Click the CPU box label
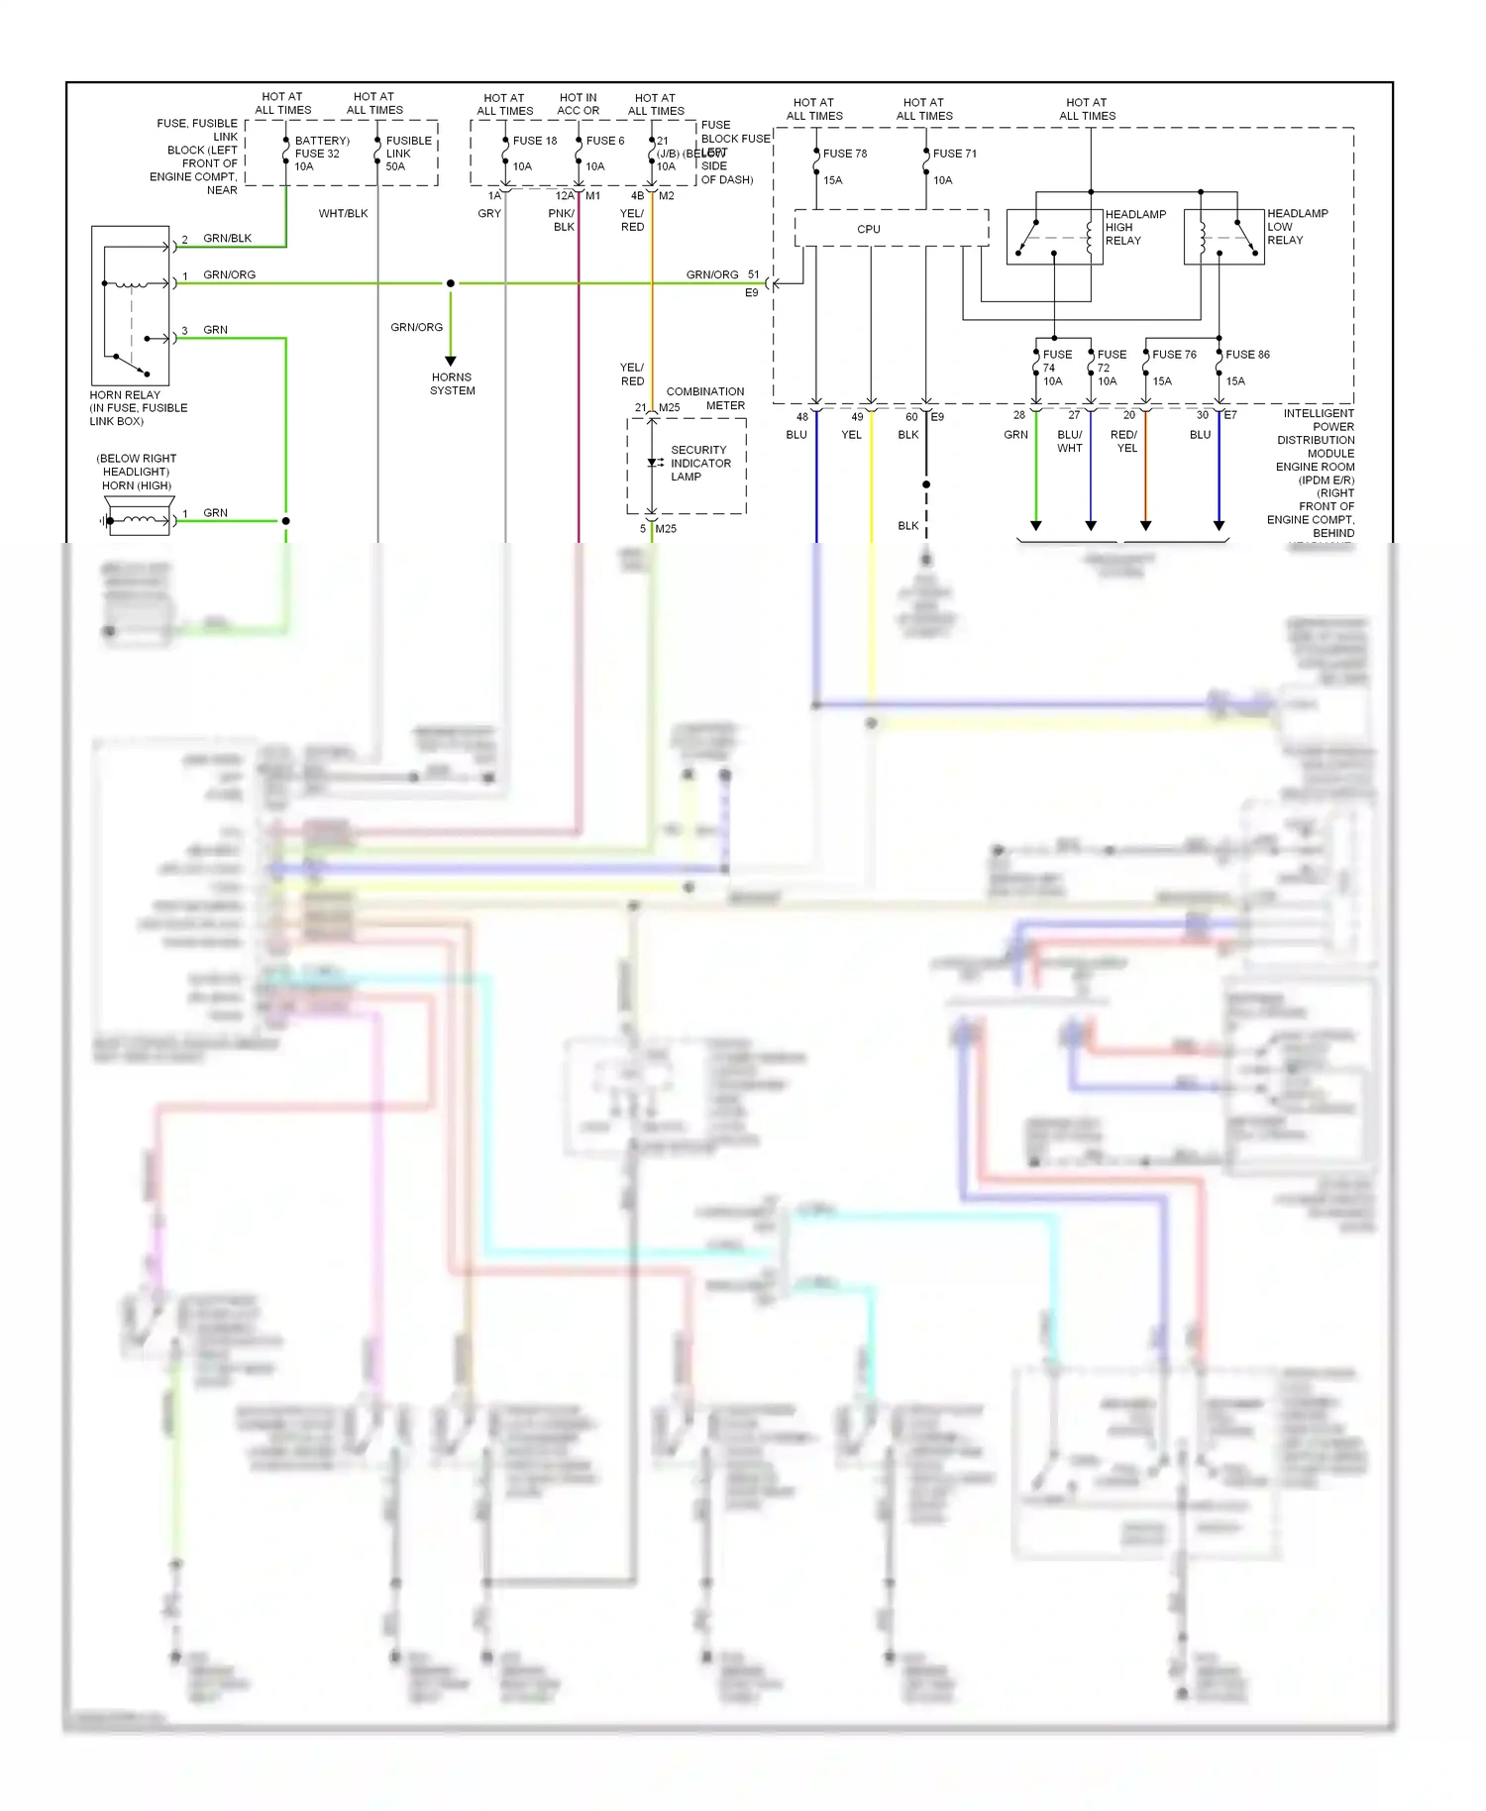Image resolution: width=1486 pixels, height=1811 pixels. pyautogui.click(x=869, y=229)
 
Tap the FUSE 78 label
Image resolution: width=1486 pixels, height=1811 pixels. pyautogui.click(x=845, y=154)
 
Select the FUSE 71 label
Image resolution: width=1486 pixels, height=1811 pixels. pyautogui.click(x=955, y=154)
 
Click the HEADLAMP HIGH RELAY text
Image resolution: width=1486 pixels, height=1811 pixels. pyautogui.click(x=1135, y=227)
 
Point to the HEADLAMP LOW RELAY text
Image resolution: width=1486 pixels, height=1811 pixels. pyautogui.click(x=1297, y=227)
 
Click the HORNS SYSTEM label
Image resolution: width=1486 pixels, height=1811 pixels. pyautogui.click(x=452, y=384)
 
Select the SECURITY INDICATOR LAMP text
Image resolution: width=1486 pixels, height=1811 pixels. pyautogui.click(x=699, y=464)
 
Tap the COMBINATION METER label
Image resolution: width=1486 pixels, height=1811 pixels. pyautogui.click(x=706, y=398)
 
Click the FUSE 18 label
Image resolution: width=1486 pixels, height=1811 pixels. pyautogui.click(x=535, y=141)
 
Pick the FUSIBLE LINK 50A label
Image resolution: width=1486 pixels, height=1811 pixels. pyautogui.click(x=408, y=154)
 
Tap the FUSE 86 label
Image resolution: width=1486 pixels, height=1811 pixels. pyautogui.click(x=1247, y=355)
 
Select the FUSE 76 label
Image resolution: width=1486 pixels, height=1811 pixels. pyautogui.click(x=1174, y=355)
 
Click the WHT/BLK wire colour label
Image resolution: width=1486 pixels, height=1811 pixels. pyautogui.click(x=343, y=214)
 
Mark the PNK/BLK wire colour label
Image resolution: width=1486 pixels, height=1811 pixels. pyautogui.click(x=562, y=220)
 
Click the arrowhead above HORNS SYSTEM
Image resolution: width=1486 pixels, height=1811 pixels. pyautogui.click(x=451, y=362)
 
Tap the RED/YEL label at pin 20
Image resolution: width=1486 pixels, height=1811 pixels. pyautogui.click(x=1124, y=442)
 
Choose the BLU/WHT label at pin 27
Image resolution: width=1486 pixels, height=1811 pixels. pyautogui.click(x=1070, y=442)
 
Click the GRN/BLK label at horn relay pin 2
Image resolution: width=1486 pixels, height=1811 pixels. pyautogui.click(x=227, y=239)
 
